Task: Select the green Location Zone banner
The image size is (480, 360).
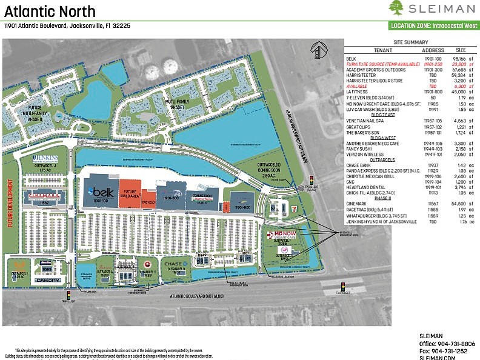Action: [433, 26]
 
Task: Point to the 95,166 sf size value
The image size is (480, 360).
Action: [460, 59]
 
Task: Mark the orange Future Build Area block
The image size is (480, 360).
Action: [130, 192]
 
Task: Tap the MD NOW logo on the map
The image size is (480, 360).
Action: [284, 234]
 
